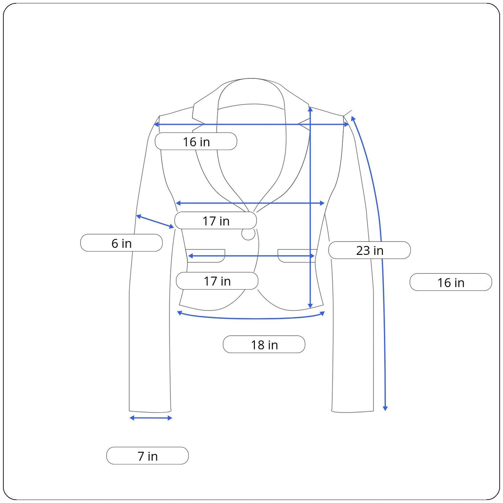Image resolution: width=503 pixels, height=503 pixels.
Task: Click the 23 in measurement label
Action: [x=369, y=250]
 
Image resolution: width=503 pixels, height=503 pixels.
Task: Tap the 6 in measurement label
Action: [x=122, y=243]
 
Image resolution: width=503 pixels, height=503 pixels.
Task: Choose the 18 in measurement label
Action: [x=264, y=345]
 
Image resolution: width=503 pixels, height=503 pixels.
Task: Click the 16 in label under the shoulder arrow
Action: [x=196, y=142]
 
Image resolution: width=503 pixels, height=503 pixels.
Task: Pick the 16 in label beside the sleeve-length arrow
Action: [x=451, y=283]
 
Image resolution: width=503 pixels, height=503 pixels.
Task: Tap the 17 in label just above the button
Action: [x=215, y=221]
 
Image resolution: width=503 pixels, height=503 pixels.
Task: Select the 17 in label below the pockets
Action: [x=217, y=281]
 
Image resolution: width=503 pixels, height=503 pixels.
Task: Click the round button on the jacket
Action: [x=248, y=233]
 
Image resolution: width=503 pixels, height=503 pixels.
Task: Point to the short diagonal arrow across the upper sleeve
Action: [x=155, y=221]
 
